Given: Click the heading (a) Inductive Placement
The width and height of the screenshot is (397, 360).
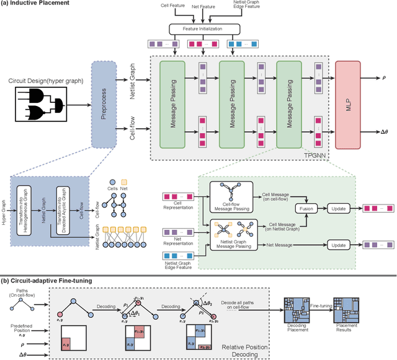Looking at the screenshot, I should click(x=35, y=4).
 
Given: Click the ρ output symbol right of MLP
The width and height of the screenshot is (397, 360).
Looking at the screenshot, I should click(x=385, y=79).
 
